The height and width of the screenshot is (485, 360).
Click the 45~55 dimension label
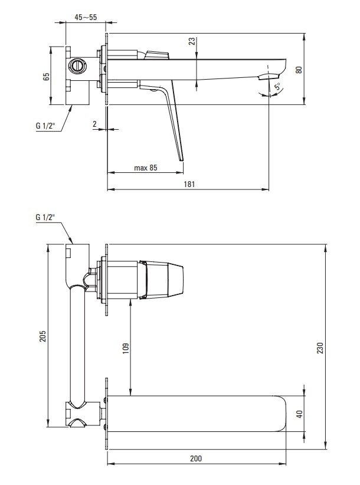(86, 17)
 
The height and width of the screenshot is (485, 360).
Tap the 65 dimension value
(46, 76)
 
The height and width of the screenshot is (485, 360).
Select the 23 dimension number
(192, 41)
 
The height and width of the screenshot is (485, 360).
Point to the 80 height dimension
(299, 69)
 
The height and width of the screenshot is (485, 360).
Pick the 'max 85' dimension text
(145, 168)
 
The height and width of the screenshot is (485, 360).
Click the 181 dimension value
(189, 184)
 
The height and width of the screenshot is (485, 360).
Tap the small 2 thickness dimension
(94, 124)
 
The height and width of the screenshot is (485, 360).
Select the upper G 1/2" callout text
(45, 126)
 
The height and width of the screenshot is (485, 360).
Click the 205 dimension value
(42, 336)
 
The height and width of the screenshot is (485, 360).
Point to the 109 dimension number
(126, 348)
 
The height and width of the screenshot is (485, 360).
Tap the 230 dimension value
(320, 348)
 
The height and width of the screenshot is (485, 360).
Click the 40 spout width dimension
(299, 414)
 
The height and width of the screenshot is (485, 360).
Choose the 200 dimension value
(196, 458)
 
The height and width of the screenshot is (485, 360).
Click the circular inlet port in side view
(76, 66)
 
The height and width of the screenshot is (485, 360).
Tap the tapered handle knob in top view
(161, 280)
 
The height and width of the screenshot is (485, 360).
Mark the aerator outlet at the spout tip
(268, 76)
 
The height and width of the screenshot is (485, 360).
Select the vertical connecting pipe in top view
(77, 344)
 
